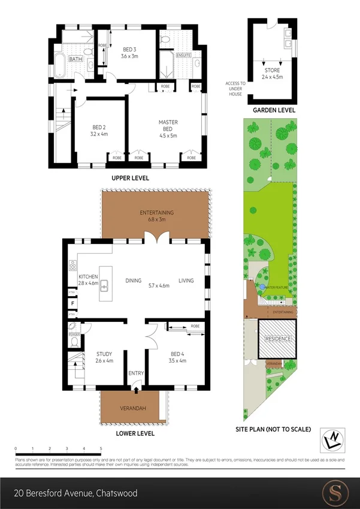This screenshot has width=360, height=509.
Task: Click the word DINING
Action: [133, 280]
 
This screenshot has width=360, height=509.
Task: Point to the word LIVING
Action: [186, 280]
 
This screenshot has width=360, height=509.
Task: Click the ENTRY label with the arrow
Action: [136, 374]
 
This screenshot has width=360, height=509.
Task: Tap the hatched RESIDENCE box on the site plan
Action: [277, 339]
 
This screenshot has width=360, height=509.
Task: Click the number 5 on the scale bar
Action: [101, 448]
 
